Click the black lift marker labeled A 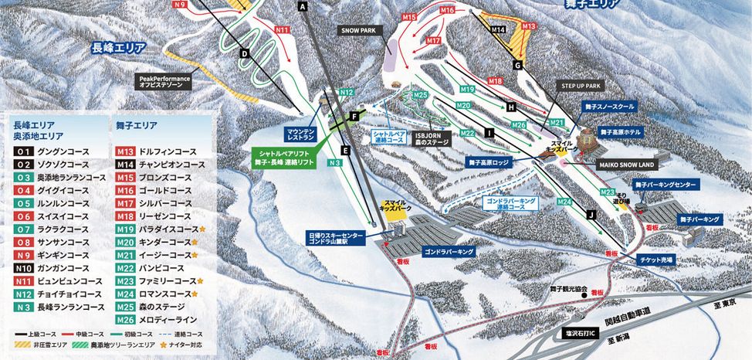(x=303, y=6)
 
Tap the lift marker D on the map (x=244, y=53)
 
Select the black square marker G (x=517, y=65)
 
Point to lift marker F (x=354, y=116)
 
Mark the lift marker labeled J (x=591, y=214)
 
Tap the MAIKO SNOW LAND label (x=626, y=165)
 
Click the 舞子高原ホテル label (x=623, y=132)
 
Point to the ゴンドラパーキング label (x=448, y=252)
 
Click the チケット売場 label (x=657, y=260)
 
